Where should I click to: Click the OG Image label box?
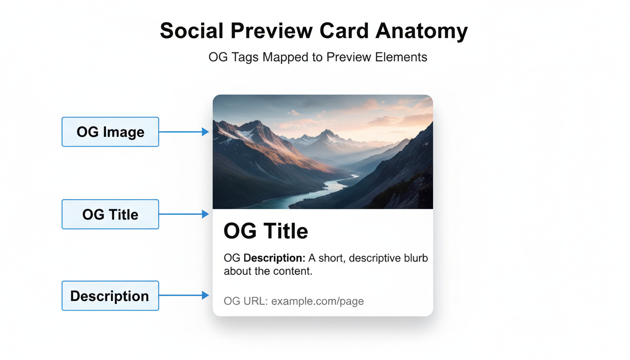tap(110, 132)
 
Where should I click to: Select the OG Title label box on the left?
tap(110, 215)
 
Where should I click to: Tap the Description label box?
tap(110, 296)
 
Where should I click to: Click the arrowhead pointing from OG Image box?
tap(205, 132)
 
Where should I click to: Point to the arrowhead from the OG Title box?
tap(205, 214)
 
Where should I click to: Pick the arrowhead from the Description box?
tap(205, 295)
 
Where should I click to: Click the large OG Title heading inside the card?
tap(266, 231)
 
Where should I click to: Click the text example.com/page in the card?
tap(317, 301)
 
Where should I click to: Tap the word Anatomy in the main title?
tap(421, 31)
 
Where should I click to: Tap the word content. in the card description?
tap(293, 271)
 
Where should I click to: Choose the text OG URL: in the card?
tap(246, 301)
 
